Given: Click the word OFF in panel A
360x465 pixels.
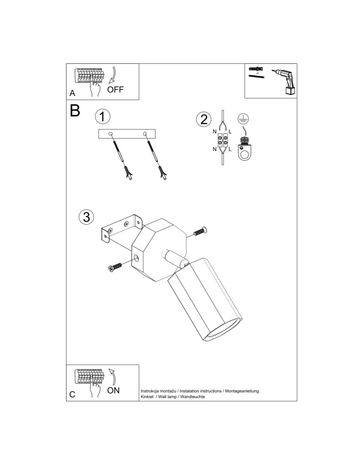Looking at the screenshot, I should [115, 90].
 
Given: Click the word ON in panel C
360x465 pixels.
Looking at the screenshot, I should [113, 390].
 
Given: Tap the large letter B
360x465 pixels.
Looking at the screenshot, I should [74, 111].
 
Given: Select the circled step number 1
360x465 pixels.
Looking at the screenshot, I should [102, 116].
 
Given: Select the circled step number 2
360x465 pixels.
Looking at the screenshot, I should [203, 119].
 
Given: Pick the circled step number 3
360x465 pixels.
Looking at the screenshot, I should [86, 217].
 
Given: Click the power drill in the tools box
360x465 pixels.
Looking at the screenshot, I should [284, 81].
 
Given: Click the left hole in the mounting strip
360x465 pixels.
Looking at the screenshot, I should [111, 134].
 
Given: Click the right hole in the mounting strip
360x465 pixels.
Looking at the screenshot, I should [145, 134].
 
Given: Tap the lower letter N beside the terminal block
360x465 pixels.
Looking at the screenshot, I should [214, 149].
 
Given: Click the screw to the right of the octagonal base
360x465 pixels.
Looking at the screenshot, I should [200, 231].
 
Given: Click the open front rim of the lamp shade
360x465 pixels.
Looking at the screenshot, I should [223, 335].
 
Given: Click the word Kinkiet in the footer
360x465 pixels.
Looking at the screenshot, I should [147, 397].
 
